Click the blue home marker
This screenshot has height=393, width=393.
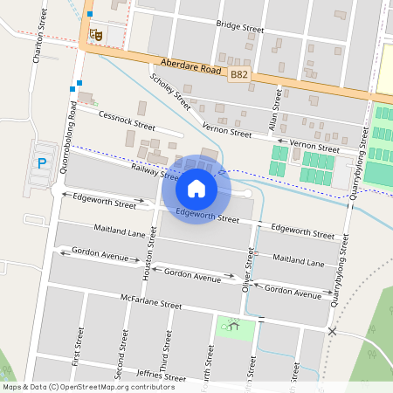[196, 189]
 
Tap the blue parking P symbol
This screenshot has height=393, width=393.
[40, 162]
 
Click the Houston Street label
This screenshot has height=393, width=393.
[146, 253]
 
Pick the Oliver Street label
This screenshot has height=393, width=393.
[250, 266]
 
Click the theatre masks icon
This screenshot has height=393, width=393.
[99, 34]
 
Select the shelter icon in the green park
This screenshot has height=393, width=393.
[233, 327]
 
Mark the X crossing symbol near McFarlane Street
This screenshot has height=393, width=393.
[332, 331]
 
